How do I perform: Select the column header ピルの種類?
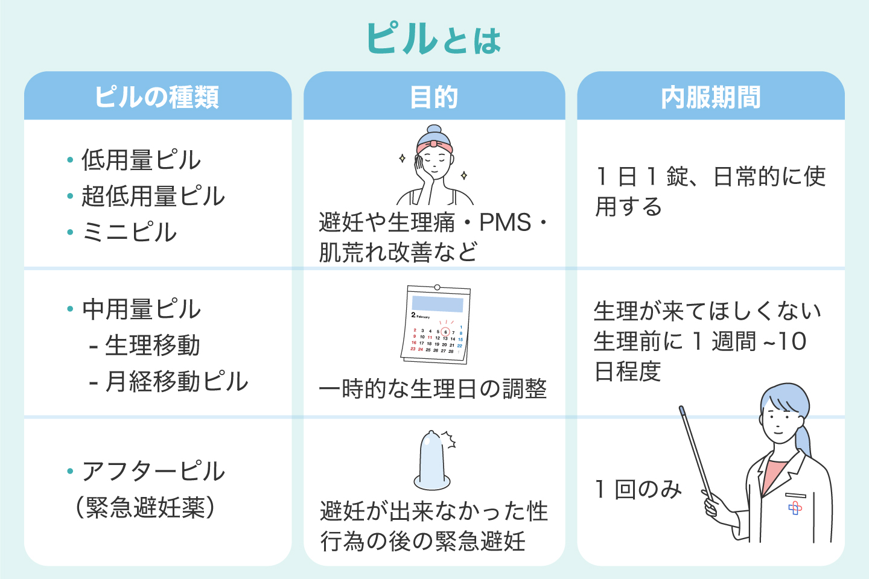(157, 97)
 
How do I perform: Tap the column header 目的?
(434, 97)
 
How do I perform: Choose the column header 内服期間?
(711, 97)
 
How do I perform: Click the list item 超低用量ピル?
(153, 197)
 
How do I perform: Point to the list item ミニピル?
(129, 233)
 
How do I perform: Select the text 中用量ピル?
(141, 309)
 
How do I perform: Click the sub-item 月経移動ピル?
(176, 382)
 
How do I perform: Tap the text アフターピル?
(153, 471)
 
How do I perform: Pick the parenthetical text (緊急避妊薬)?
(145, 508)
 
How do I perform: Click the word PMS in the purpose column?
(505, 223)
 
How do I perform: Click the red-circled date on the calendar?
(445, 332)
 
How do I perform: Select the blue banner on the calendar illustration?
(438, 303)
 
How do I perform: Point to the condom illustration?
(432, 461)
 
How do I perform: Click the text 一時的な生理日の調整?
(433, 389)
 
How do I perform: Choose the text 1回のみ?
(638, 489)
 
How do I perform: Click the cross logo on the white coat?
(795, 508)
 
